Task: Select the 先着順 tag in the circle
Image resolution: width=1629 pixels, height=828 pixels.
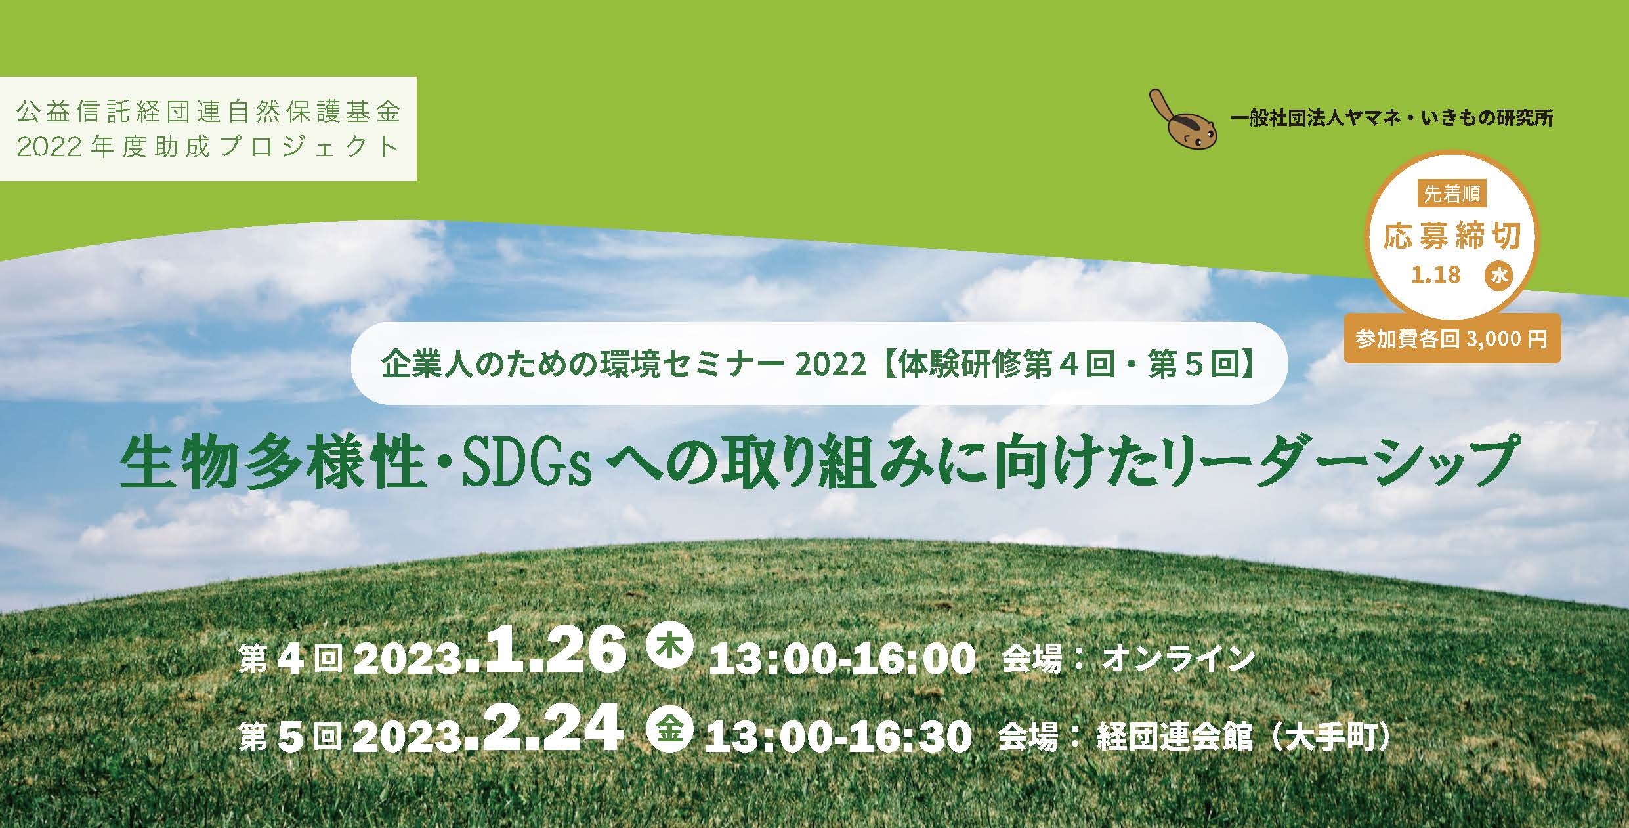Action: [x=1451, y=195]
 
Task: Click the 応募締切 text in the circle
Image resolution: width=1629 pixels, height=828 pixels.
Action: [x=1452, y=236]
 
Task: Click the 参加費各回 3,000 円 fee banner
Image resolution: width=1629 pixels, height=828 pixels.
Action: [x=1452, y=339]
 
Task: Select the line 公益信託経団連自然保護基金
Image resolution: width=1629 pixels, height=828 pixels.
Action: [x=209, y=112]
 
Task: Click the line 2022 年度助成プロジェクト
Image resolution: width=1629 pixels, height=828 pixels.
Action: [x=209, y=147]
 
